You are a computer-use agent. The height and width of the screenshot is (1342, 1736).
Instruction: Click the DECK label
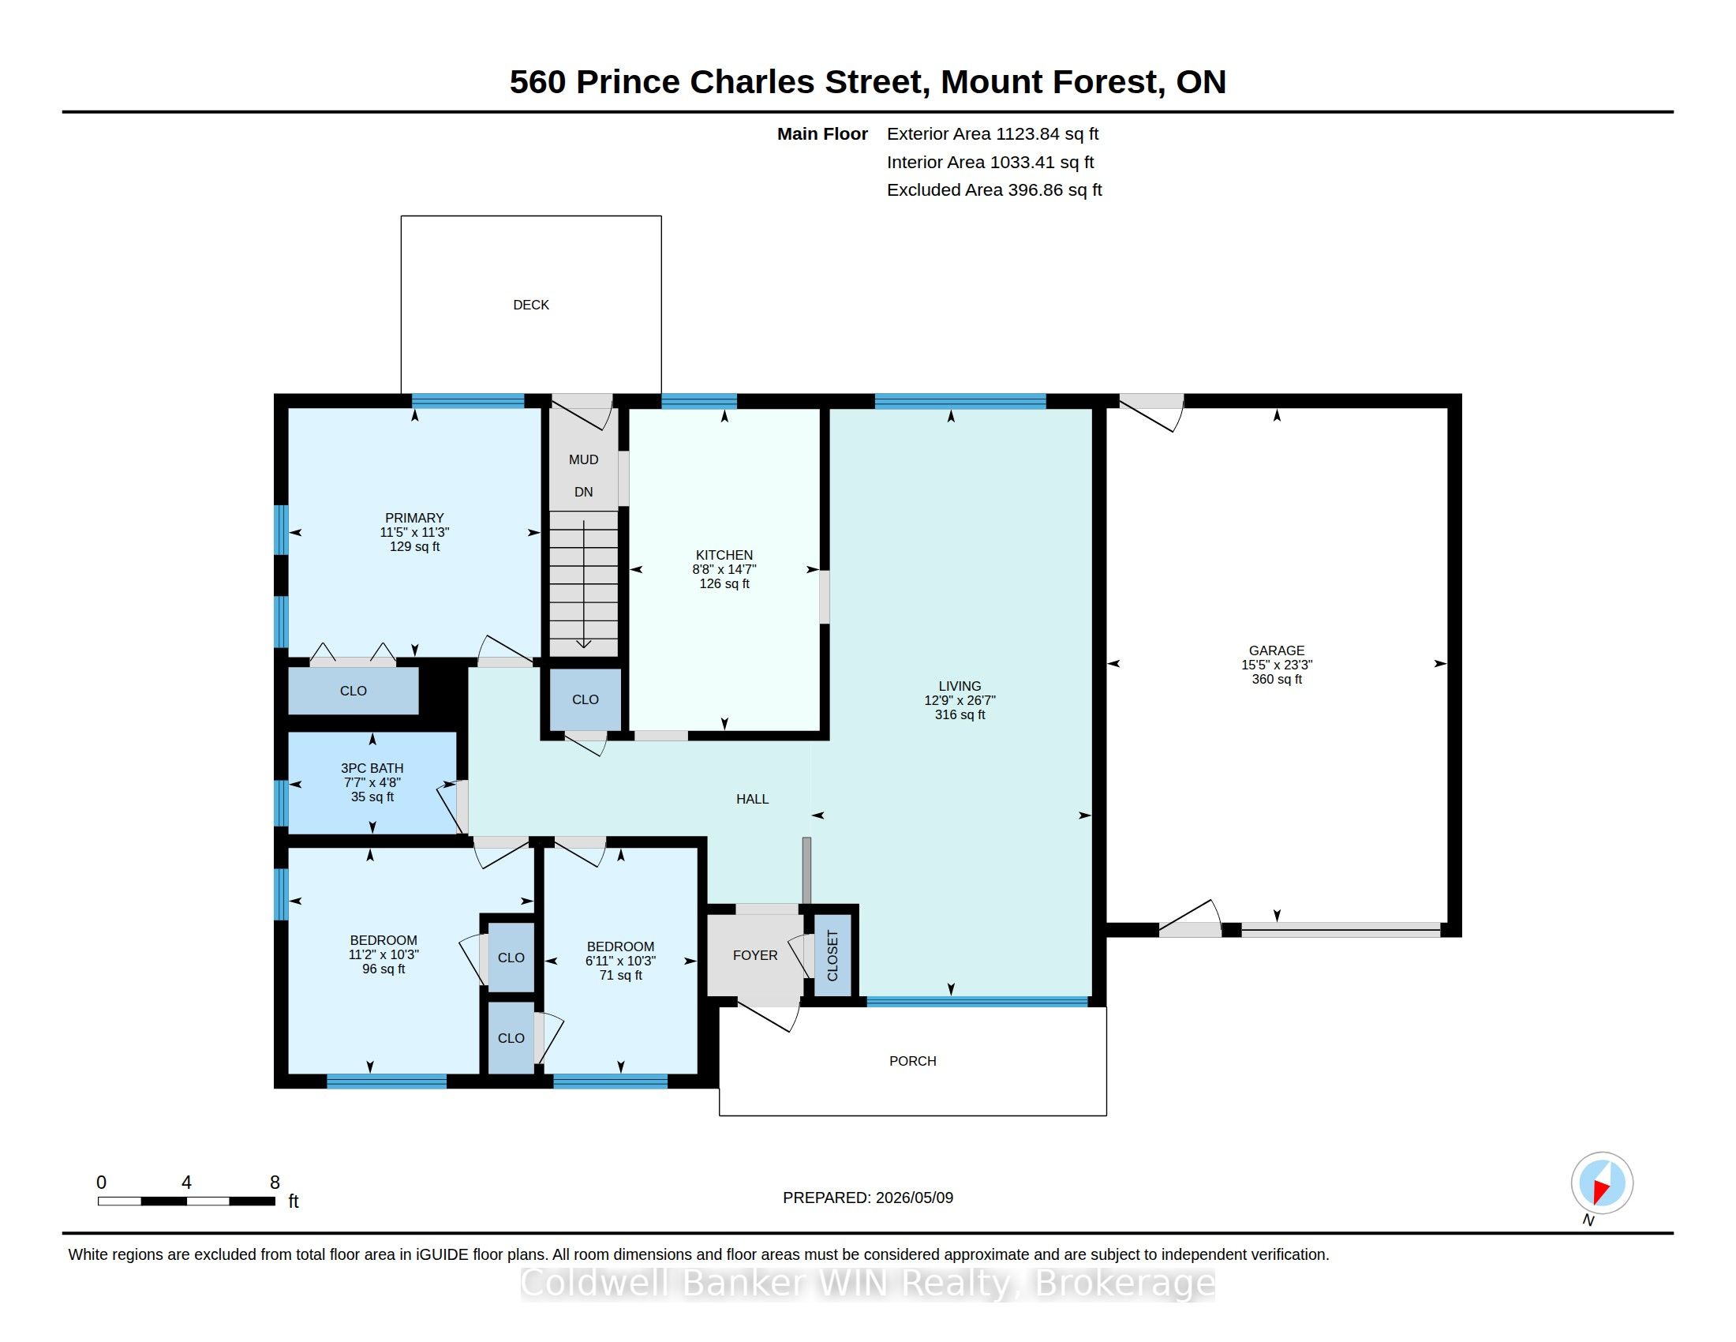(x=531, y=305)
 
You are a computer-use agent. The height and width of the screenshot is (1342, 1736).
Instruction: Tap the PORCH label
(x=912, y=1060)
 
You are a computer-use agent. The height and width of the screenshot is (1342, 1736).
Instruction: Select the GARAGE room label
(x=1277, y=650)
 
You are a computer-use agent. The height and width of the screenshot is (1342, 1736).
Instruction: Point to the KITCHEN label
(x=724, y=555)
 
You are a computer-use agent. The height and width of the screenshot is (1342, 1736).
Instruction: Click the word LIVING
(x=960, y=686)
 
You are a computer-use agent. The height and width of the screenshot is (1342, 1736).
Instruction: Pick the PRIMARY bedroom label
(x=414, y=518)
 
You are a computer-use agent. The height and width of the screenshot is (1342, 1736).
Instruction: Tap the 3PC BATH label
(x=372, y=768)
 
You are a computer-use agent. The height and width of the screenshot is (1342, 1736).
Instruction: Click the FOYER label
(x=755, y=955)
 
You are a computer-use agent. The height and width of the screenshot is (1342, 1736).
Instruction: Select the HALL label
(x=752, y=799)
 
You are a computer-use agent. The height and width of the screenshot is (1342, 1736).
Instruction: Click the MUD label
(x=583, y=459)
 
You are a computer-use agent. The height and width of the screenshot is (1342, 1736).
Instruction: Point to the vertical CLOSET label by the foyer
(x=832, y=956)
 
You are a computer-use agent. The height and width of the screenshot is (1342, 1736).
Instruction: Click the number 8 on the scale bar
(x=275, y=1183)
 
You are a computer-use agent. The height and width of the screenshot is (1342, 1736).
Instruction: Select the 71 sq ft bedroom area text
(x=621, y=976)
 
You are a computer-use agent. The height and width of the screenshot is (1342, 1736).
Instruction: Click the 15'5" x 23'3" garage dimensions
(x=1277, y=665)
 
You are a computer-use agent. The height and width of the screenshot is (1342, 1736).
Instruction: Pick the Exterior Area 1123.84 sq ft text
(x=993, y=134)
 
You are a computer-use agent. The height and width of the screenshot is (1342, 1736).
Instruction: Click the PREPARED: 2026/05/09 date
(x=868, y=1198)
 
